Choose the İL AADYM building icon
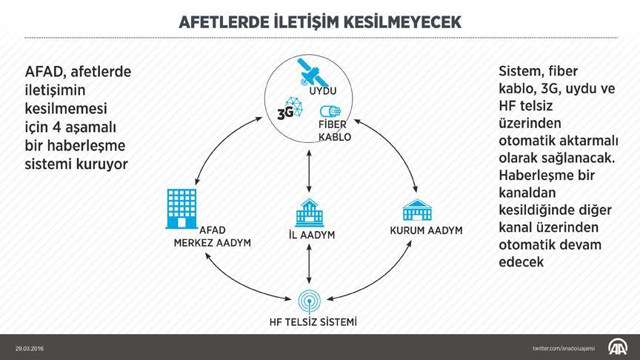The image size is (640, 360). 310,213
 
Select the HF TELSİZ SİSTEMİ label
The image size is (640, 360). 313,321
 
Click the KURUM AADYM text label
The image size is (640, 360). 426,230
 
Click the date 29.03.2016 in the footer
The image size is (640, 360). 29,347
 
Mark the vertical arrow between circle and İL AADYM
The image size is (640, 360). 308,172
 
